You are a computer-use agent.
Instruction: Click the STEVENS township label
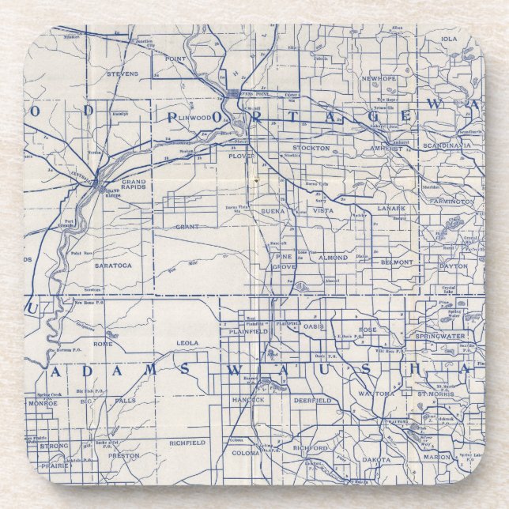[123, 74]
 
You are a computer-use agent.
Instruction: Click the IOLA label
[449, 38]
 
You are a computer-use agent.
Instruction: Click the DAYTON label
[454, 266]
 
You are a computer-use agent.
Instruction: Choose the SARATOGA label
[114, 266]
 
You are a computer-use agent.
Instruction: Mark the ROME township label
[104, 343]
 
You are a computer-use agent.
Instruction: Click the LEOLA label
[187, 343]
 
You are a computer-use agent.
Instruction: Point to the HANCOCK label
[247, 400]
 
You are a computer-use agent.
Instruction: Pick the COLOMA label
[246, 453]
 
